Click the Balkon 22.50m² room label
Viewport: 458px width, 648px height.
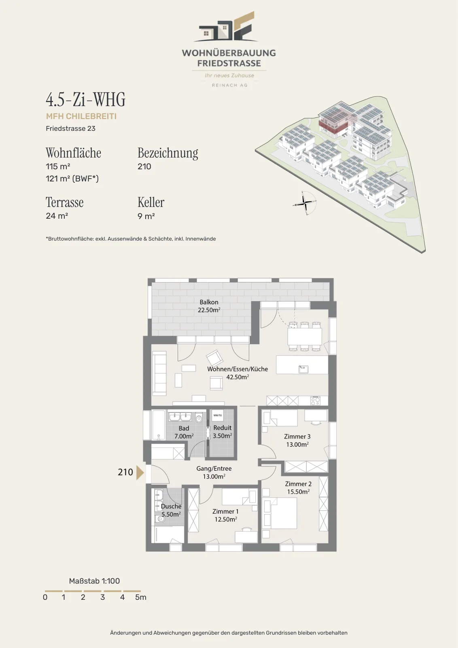pos(209,306)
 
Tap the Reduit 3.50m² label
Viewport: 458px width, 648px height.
pos(222,432)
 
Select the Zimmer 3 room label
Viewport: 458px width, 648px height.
pos(297,440)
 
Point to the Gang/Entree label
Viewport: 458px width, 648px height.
pos(214,472)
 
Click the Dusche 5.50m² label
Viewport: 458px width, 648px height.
pos(171,510)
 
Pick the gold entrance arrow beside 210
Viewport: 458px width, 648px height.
pos(140,473)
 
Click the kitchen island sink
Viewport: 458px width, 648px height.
pos(303,369)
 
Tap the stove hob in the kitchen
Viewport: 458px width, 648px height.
pos(315,401)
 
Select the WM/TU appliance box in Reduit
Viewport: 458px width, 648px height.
pos(218,416)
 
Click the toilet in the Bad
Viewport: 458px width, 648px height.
pos(199,418)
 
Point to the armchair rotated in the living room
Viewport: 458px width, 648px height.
pos(214,358)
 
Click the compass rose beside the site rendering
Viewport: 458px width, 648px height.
pos(305,203)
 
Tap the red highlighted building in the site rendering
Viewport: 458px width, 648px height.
pos(333,126)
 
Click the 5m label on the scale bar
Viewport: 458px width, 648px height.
pos(141,597)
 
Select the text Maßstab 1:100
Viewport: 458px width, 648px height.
pos(94,581)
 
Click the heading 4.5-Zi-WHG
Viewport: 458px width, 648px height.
pos(85,100)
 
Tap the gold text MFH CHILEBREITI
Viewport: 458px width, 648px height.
pos(81,116)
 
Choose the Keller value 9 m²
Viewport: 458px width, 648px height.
pos(146,216)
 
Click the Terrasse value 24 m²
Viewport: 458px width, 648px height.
pos(57,216)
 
